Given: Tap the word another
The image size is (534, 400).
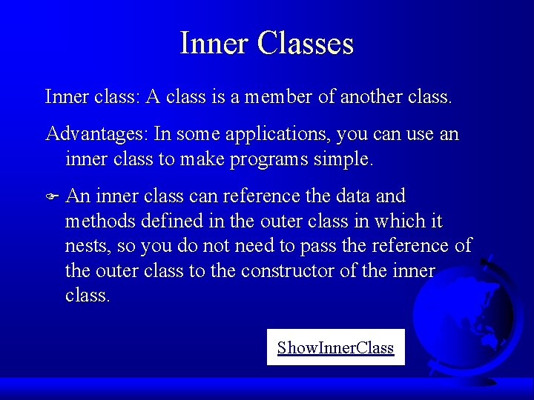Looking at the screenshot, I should tap(368, 96).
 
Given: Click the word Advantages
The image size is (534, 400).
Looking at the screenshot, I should tap(96, 134).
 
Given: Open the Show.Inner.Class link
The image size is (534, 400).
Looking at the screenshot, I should tap(335, 347).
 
